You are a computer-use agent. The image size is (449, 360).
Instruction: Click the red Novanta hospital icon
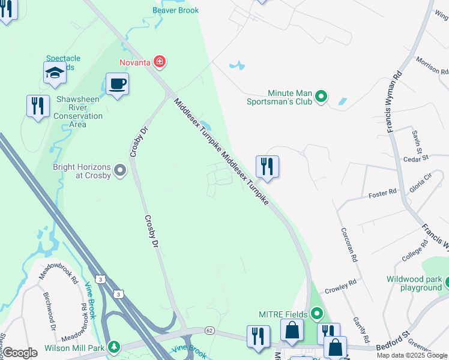tap(160, 61)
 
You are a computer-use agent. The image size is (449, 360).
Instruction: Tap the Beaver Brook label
tap(175, 10)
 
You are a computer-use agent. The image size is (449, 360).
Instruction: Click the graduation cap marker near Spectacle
tap(55, 73)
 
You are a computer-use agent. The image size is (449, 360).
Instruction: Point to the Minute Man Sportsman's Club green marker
tap(321, 96)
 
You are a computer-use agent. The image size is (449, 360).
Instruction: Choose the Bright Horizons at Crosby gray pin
tap(120, 171)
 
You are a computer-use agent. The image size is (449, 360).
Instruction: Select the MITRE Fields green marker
tap(317, 313)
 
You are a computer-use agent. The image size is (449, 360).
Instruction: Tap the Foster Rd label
tap(382, 193)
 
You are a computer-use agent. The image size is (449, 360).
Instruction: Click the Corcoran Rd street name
tap(349, 245)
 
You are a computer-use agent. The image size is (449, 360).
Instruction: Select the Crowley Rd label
tap(340, 286)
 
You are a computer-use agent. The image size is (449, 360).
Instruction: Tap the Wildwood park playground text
tap(414, 283)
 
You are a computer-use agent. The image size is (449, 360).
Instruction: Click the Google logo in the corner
tap(20, 353)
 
